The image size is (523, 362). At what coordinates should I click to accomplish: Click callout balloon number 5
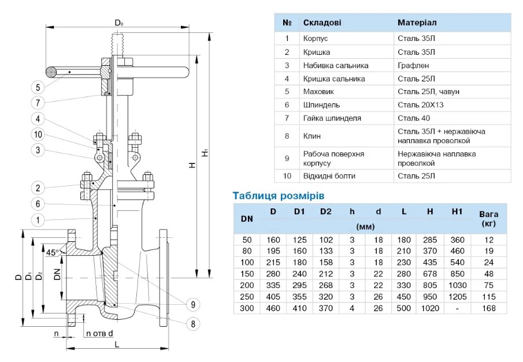pyautogui.click(x=38, y=88)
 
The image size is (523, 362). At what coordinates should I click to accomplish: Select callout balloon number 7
pyautogui.click(x=38, y=103)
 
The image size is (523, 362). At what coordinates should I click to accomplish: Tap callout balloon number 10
pyautogui.click(x=38, y=135)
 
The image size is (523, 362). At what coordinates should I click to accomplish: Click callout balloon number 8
pyautogui.click(x=192, y=323)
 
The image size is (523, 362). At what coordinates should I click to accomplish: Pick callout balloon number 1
pyautogui.click(x=38, y=220)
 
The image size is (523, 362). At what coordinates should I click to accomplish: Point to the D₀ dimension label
pyautogui.click(x=118, y=23)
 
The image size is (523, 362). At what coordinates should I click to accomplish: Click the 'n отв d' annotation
pyautogui.click(x=99, y=334)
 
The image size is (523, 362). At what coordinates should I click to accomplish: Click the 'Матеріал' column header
pyautogui.click(x=417, y=23)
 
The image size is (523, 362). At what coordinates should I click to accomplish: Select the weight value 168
pyautogui.click(x=488, y=308)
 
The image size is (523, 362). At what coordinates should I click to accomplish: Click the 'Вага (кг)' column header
pyautogui.click(x=488, y=218)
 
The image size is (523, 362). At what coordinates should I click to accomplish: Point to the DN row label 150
pyautogui.click(x=246, y=274)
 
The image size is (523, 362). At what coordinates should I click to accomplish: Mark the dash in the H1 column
pyautogui.click(x=457, y=308)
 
